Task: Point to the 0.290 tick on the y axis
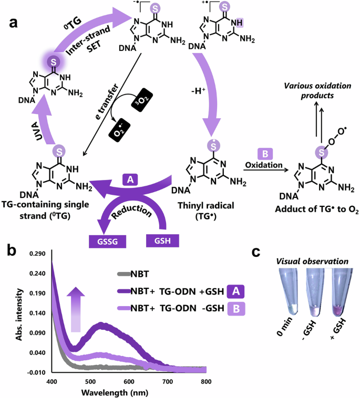(38, 254)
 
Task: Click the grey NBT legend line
(128, 273)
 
